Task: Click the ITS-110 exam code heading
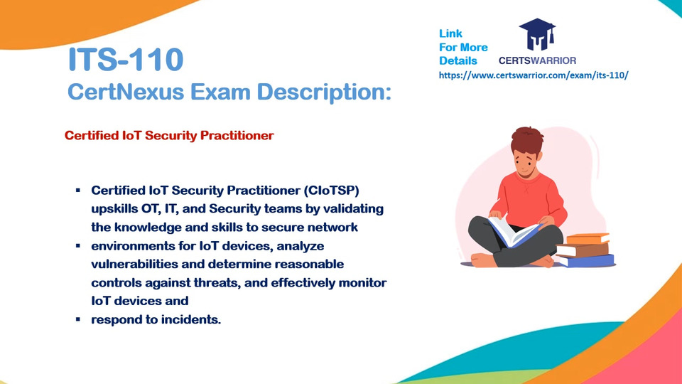pos(126,59)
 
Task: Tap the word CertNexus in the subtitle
pos(126,92)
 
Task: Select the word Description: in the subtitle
pos(324,92)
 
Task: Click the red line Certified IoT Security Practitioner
pos(169,135)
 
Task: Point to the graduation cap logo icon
pos(537,34)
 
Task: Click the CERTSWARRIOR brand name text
pos(537,60)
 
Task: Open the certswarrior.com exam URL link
pos(534,75)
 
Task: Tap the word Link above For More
pos(450,33)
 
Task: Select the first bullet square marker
pos(78,191)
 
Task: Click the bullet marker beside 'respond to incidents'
pos(78,319)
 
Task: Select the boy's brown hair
pos(527,140)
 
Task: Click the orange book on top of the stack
pos(588,239)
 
